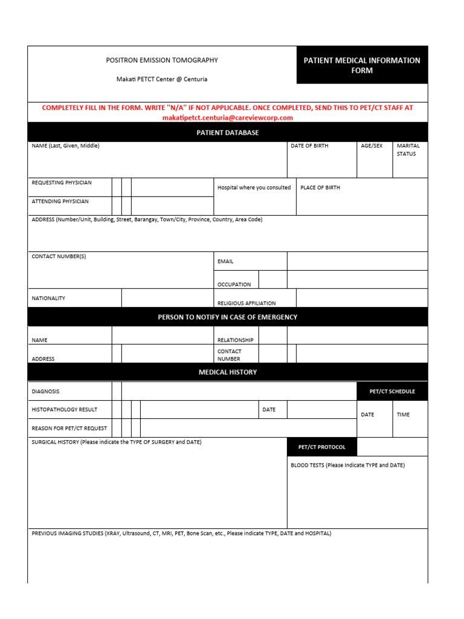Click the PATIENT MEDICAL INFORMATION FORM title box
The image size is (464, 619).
[x=362, y=65]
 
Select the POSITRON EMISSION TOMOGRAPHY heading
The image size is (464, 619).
[x=162, y=60]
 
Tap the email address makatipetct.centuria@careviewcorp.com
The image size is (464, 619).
[x=228, y=118]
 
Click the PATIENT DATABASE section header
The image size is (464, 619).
[x=228, y=132]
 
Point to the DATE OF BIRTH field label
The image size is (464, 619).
[x=309, y=146]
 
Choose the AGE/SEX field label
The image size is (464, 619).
[x=372, y=146]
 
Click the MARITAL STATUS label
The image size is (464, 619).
[x=408, y=150]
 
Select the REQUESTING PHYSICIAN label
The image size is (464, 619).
[x=62, y=183]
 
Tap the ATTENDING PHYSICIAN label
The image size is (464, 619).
[x=60, y=201]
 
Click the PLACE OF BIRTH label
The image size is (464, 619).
[x=320, y=188]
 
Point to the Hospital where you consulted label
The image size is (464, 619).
[x=254, y=188]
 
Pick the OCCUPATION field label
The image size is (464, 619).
[x=234, y=285]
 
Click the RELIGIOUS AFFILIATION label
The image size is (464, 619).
[x=246, y=303]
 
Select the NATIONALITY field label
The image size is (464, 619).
[x=48, y=299]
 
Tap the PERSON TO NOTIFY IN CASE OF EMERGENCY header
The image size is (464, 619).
[x=228, y=317]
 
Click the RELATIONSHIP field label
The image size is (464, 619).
[x=235, y=340]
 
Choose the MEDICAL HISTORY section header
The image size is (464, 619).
[x=228, y=372]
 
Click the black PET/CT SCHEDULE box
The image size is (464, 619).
[x=392, y=392]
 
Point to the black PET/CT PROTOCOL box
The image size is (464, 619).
[x=322, y=447]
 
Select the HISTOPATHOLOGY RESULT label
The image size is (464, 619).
[x=64, y=410]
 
